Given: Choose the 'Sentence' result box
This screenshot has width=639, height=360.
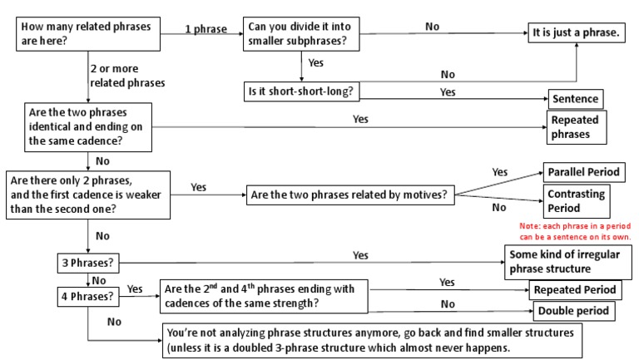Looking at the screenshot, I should click(574, 98).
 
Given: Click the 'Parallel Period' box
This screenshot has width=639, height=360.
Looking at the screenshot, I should click(582, 172).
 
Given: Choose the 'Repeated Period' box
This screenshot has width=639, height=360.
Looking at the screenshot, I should click(576, 289).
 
